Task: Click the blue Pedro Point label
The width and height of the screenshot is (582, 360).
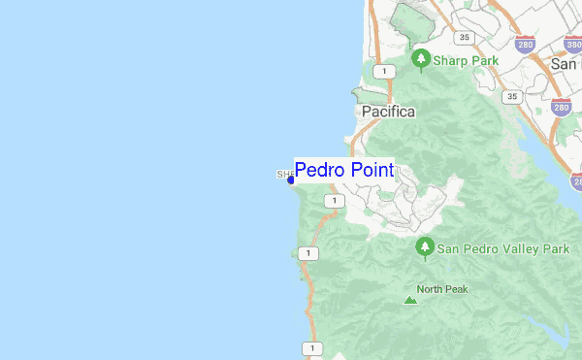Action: point(344,171)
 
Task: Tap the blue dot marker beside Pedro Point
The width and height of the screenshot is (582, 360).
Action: point(290,180)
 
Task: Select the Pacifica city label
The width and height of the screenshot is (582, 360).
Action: point(388,112)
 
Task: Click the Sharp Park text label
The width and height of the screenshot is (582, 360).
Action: point(466,60)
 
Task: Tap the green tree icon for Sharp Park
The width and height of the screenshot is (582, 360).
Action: point(421,60)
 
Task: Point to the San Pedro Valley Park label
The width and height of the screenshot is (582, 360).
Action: point(502,248)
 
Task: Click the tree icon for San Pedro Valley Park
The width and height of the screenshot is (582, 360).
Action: point(424,248)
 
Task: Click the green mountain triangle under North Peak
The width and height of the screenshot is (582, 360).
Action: point(410,302)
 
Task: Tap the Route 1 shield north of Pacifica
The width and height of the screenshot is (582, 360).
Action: point(386,72)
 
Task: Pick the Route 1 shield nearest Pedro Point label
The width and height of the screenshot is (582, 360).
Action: point(334,201)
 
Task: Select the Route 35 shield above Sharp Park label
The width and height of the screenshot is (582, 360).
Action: point(467,38)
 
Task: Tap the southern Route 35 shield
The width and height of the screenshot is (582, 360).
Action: point(513,97)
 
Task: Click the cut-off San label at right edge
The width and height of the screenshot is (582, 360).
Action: point(566,63)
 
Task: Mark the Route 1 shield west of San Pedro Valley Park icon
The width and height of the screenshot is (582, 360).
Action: point(309,253)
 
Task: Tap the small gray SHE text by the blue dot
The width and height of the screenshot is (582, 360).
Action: point(285,176)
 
